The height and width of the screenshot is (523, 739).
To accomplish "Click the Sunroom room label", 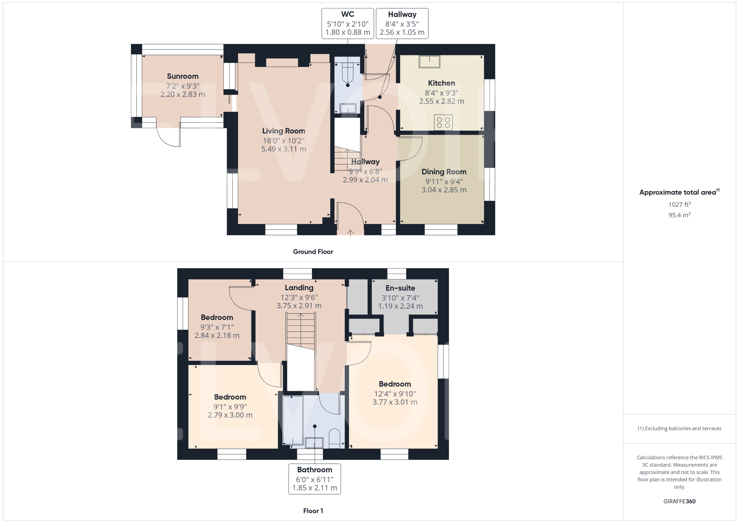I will click(183, 76).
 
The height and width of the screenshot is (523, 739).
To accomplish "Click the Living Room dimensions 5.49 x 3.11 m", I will click(283, 149).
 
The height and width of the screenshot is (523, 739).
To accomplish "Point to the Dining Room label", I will click(444, 172).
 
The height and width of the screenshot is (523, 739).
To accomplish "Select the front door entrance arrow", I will click(350, 232).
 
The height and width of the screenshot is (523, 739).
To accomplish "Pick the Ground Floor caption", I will click(313, 251).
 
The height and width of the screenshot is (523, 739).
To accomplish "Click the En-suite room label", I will click(400, 288).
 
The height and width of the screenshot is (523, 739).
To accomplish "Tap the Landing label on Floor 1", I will click(299, 288).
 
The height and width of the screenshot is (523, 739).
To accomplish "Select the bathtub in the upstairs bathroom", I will click(293, 420).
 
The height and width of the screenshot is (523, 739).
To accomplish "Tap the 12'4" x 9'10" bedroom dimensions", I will click(395, 394).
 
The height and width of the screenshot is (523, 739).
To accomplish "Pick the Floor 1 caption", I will click(313, 511).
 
